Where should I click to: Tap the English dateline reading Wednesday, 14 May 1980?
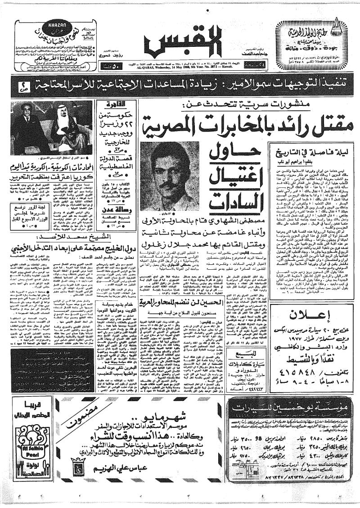point(180,70)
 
